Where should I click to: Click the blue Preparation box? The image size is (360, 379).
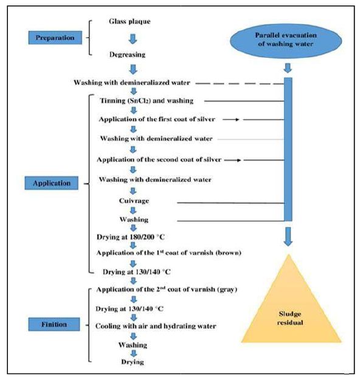click(54, 38)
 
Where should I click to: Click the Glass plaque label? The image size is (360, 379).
click(130, 21)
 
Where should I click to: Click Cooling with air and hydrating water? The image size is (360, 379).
click(156, 326)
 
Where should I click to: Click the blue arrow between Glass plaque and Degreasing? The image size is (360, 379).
click(132, 38)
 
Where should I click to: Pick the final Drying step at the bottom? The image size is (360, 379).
click(132, 362)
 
